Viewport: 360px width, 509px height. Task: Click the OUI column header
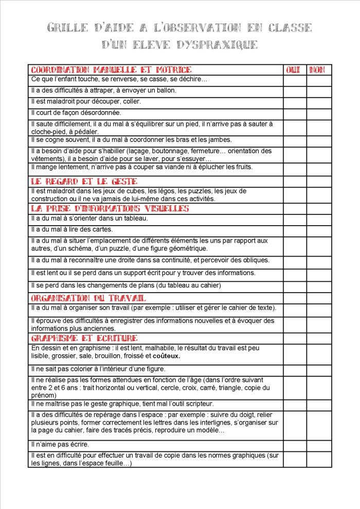click(293, 69)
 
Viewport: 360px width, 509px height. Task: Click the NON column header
click(318, 69)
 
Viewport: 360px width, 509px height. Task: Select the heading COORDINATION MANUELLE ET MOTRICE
click(111, 69)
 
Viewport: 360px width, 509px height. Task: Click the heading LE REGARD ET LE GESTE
click(84, 181)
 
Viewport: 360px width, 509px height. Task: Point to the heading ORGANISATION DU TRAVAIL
click(88, 298)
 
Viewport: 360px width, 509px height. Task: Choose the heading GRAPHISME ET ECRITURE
click(84, 338)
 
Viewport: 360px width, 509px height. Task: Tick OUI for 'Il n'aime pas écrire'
click(294, 444)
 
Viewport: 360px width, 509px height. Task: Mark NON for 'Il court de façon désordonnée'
click(319, 113)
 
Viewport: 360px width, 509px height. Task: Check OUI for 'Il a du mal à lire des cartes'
click(294, 229)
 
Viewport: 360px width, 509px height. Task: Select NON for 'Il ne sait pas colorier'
click(319, 369)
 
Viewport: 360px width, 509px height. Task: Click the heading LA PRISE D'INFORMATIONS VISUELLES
click(110, 208)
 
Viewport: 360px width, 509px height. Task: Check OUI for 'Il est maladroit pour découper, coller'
click(294, 101)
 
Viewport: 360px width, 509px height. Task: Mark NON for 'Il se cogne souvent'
click(319, 140)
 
